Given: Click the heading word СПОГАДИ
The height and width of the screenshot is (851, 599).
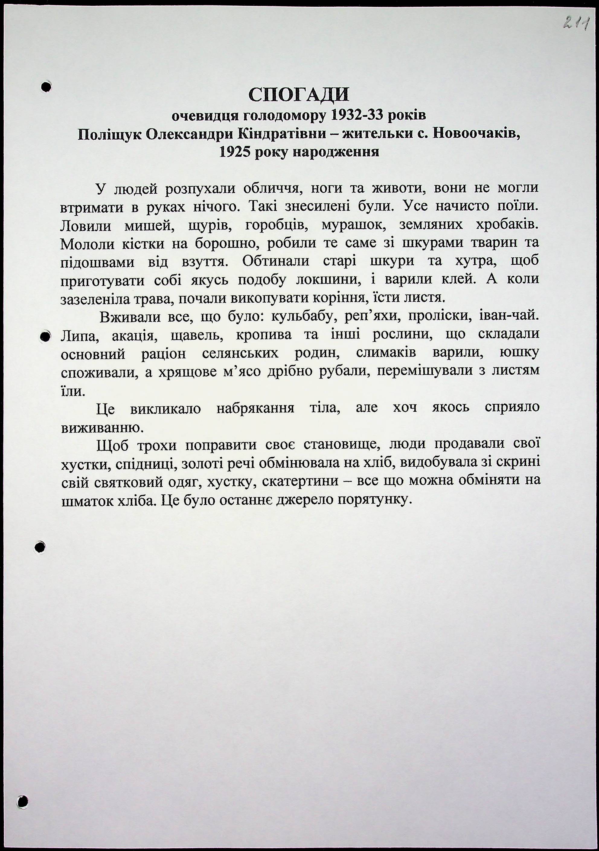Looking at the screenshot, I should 299,95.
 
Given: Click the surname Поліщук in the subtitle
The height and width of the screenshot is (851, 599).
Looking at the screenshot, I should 109,134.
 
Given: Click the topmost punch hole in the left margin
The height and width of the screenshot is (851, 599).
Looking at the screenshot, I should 46,87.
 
